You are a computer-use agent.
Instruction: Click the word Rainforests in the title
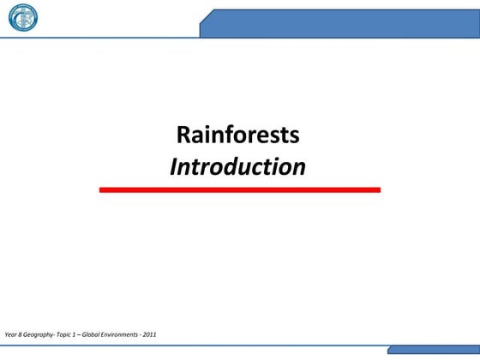click(x=237, y=135)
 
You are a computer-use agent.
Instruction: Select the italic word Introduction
click(x=237, y=166)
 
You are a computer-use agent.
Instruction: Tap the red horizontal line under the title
click(x=239, y=189)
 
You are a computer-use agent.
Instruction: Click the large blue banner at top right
click(x=343, y=23)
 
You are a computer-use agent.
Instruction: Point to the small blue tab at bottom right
click(x=434, y=350)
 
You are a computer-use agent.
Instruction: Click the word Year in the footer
click(x=11, y=333)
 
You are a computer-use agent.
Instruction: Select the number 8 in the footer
click(x=21, y=333)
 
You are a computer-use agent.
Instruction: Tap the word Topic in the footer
click(x=66, y=333)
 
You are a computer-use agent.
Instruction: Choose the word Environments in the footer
click(x=123, y=333)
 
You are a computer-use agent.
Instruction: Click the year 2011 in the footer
click(x=150, y=333)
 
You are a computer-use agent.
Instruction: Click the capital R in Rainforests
click(x=183, y=135)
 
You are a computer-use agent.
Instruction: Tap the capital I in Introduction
click(x=174, y=166)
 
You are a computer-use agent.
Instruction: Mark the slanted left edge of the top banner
click(x=204, y=23)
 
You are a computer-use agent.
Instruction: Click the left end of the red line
click(x=102, y=189)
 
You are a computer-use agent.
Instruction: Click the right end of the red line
click(x=378, y=189)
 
